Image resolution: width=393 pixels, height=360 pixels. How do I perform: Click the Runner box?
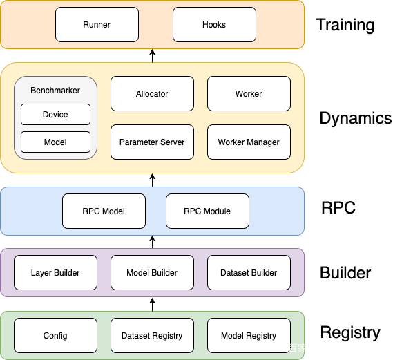coord(97,25)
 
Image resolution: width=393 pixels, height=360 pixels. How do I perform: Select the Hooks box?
coord(214,25)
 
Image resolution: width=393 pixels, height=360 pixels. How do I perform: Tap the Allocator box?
coord(152,94)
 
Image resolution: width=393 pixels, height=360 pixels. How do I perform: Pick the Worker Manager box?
coord(249,142)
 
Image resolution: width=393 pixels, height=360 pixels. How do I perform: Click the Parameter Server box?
coord(152,142)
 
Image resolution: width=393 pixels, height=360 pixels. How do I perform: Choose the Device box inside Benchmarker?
coord(55,115)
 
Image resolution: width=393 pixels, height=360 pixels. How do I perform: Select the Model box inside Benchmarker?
coord(55,142)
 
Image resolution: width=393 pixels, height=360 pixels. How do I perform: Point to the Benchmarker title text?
coord(55,91)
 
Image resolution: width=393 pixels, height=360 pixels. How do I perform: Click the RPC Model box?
coord(104,211)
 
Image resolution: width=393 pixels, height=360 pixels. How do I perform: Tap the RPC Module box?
coord(207,211)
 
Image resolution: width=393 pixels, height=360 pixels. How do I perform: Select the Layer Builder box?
coord(55,273)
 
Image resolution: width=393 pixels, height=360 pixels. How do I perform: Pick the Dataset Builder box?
coord(249,273)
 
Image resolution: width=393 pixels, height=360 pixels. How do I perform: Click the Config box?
coord(55,335)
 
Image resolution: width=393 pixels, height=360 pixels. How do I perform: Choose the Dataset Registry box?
coord(152,335)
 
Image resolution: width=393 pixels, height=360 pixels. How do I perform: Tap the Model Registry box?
coord(249,335)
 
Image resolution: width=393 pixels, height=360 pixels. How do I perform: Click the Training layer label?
coord(345,25)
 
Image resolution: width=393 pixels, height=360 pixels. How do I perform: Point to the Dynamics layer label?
coord(356,118)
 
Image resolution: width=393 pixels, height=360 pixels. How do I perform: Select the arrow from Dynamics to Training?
coord(152,56)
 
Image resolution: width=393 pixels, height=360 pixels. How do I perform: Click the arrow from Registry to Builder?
coord(152,304)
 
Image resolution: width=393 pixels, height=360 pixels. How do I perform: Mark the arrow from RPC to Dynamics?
coord(152,180)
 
